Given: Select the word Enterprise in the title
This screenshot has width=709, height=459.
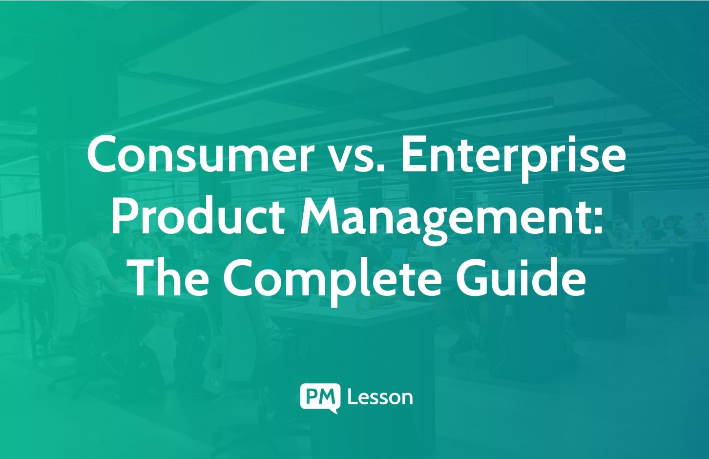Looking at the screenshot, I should point(513,155).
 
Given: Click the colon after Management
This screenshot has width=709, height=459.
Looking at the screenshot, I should point(598,222).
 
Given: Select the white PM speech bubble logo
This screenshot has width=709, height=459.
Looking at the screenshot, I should point(320,397).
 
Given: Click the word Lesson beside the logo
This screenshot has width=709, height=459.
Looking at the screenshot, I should point(380,397).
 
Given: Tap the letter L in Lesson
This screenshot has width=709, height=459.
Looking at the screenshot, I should point(351,397).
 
